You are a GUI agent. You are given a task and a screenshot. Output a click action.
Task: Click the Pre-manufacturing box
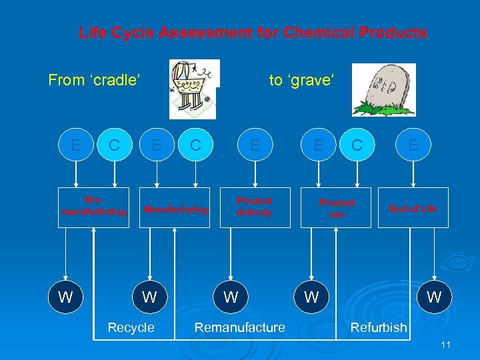tap(93, 207)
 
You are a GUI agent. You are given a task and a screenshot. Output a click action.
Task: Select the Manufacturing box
tap(176, 209)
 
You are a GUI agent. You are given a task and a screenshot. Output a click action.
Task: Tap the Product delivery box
tap(255, 207)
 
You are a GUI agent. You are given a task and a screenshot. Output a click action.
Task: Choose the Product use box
tap(336, 207)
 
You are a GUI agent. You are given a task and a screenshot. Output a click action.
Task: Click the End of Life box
tap(413, 208)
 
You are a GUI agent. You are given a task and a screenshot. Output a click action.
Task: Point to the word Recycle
tap(131, 327)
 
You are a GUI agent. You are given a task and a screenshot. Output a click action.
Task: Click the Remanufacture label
tap(239, 327)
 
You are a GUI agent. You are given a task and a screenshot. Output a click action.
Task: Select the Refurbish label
tap(378, 327)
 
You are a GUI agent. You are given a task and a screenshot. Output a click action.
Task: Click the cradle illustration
tap(193, 85)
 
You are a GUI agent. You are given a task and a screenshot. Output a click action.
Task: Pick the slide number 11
tap(446, 345)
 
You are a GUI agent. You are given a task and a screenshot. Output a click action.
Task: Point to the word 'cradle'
tap(117, 81)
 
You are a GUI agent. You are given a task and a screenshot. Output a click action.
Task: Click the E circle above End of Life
tap(413, 145)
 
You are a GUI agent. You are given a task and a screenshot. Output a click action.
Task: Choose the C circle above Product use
tap(357, 145)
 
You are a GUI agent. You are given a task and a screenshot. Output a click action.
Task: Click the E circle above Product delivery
tap(255, 145)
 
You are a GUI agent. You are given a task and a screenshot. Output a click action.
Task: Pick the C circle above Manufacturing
tap(195, 145)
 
